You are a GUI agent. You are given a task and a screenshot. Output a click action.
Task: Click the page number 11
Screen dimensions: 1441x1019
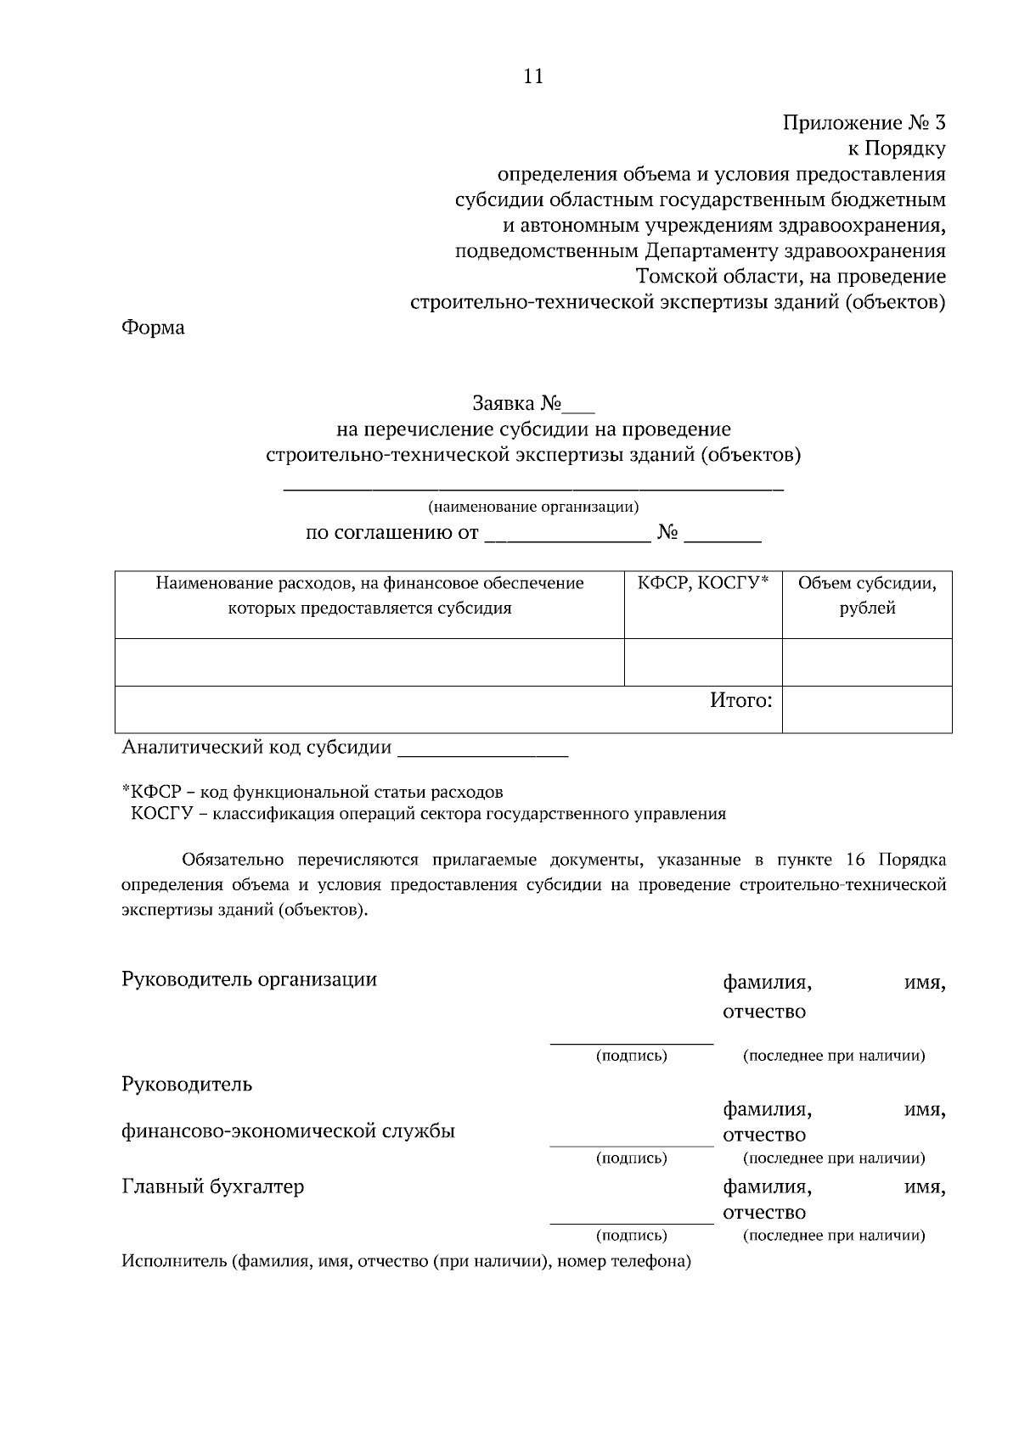tap(532, 76)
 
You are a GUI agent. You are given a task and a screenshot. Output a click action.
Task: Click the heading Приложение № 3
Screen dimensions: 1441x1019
tap(863, 123)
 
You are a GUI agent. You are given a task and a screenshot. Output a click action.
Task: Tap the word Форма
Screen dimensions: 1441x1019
tap(153, 328)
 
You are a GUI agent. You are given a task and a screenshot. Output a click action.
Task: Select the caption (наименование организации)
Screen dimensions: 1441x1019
tap(533, 507)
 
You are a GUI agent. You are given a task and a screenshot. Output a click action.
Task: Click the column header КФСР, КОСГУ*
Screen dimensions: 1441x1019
tap(703, 583)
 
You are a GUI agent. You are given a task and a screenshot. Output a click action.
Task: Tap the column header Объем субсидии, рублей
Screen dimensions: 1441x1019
tap(867, 595)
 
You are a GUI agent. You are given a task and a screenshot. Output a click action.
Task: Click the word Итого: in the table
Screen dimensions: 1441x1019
tap(741, 701)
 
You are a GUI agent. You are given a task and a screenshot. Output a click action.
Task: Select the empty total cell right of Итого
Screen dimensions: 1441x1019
tap(867, 709)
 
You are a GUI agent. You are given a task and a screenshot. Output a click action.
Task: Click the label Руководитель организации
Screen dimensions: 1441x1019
tap(250, 979)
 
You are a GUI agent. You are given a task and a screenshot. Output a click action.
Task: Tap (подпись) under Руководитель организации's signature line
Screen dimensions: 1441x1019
tap(631, 1056)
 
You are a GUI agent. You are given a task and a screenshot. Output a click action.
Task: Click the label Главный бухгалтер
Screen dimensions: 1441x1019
tap(213, 1186)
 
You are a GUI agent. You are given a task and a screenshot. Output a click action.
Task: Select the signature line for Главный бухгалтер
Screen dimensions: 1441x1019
tap(632, 1223)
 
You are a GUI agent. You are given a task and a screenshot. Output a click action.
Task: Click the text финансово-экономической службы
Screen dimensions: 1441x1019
tap(289, 1130)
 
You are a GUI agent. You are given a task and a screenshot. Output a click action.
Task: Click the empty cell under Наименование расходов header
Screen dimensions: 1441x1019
tap(369, 662)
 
